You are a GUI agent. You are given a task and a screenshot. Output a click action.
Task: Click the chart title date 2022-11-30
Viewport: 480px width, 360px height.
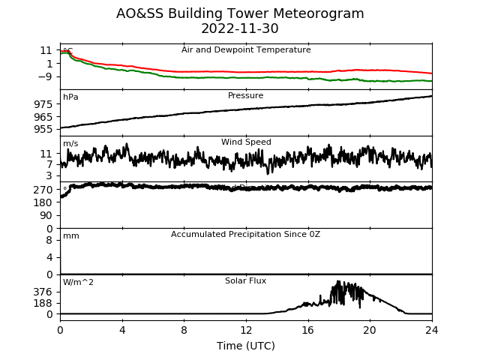240,29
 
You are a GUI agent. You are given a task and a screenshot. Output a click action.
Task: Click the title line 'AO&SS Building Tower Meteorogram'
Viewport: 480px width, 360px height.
240,13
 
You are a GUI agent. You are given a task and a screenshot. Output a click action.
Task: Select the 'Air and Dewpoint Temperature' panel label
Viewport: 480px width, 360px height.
246,49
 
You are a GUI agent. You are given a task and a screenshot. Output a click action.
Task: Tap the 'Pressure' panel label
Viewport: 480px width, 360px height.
246,96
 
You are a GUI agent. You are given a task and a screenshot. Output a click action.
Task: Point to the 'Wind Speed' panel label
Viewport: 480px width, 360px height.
246,142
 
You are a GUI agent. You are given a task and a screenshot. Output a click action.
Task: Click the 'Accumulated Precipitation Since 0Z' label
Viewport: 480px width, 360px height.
245,235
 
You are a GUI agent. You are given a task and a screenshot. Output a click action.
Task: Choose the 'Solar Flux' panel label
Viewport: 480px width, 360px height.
245,281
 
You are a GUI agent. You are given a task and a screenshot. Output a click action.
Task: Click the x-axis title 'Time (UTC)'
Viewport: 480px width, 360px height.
246,346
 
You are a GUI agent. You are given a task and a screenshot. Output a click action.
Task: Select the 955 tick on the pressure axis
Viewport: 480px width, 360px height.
43,129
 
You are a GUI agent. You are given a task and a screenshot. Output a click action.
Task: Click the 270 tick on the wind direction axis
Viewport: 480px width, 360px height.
43,190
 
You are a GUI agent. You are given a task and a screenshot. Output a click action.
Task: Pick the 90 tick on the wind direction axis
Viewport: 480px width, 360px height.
46,215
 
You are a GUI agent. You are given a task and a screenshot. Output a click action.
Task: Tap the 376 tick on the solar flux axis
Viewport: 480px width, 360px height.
43,292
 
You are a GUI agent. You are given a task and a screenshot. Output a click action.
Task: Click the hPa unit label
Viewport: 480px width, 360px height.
70,97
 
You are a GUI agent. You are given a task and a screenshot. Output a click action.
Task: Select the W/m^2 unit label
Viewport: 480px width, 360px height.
78,283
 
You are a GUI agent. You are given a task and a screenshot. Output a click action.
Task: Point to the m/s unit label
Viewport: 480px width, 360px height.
70,144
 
